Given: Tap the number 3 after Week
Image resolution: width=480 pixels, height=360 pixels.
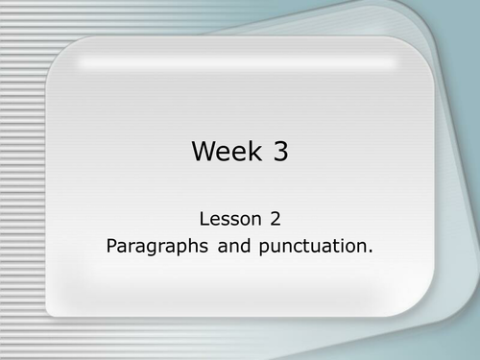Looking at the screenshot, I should pyautogui.click(x=279, y=152).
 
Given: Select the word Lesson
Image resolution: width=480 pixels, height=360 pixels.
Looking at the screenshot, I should pyautogui.click(x=229, y=218).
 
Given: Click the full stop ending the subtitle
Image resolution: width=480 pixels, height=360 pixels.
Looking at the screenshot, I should pyautogui.click(x=370, y=251).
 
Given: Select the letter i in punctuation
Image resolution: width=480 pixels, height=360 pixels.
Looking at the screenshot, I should pyautogui.click(x=341, y=245).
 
